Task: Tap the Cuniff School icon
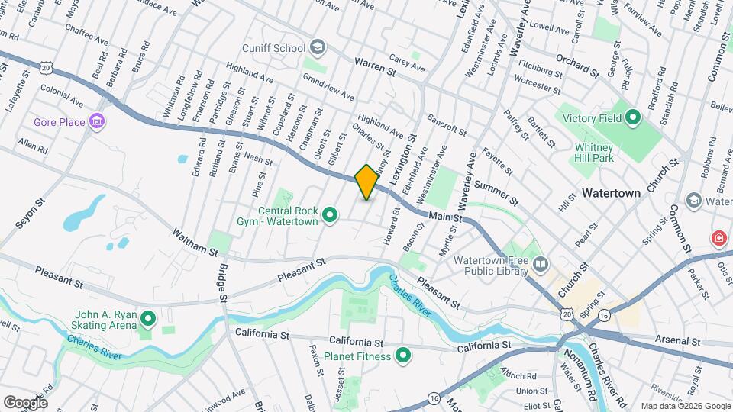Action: (317, 48)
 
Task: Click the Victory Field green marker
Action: (632, 118)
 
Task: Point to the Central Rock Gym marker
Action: (330, 217)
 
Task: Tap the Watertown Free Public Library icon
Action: (541, 265)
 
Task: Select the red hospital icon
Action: (718, 239)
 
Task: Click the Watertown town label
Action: (611, 193)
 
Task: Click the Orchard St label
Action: (576, 66)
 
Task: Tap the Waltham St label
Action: (189, 240)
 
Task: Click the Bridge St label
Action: (223, 282)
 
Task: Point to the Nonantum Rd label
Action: (580, 377)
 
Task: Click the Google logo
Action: (24, 402)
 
